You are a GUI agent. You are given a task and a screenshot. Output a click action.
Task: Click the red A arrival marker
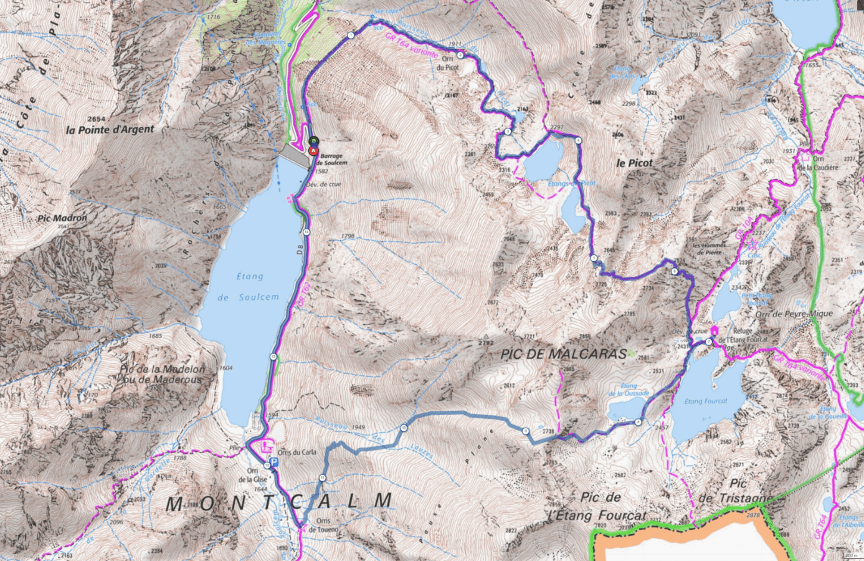314,150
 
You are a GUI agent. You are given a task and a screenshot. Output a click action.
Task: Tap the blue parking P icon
275,463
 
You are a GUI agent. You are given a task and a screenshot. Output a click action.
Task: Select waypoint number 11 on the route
322,477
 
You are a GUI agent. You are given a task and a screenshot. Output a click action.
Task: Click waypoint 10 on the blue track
404,428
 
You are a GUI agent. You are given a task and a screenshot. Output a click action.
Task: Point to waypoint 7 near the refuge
708,341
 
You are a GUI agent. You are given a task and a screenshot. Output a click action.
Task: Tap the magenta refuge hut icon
713,330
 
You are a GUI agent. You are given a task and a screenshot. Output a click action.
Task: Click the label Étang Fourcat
705,401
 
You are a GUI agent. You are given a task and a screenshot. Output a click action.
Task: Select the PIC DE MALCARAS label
564,354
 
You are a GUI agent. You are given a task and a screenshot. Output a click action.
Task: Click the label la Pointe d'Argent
110,130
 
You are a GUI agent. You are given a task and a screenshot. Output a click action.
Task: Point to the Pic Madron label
62,218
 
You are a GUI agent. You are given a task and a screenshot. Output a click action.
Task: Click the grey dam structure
293,155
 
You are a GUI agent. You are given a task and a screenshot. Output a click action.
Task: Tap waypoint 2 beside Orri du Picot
460,55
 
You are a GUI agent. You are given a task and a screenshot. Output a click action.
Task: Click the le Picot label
634,163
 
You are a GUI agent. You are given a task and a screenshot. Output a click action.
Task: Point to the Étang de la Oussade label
629,390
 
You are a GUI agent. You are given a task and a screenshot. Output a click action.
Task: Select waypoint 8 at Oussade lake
638,422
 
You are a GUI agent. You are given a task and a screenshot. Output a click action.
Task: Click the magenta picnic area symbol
268,446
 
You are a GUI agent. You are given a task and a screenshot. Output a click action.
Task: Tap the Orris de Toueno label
327,525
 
